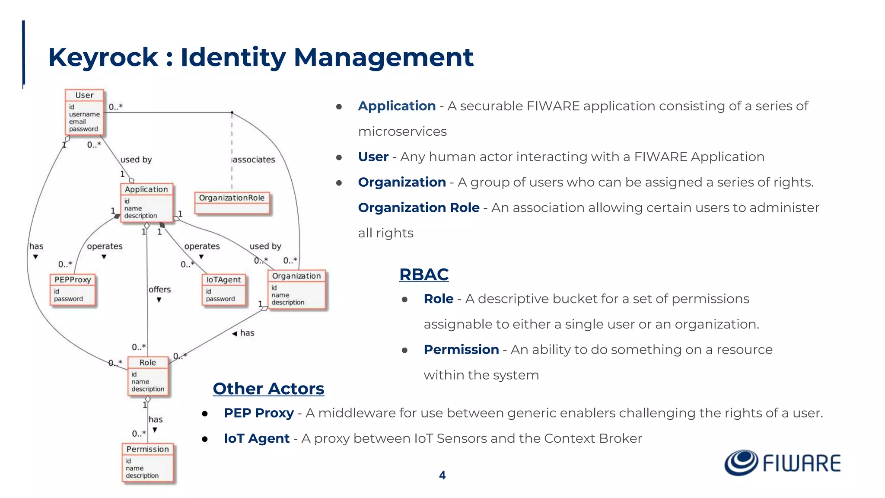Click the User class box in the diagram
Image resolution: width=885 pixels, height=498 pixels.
[84, 112]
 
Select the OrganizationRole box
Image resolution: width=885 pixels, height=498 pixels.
[232, 203]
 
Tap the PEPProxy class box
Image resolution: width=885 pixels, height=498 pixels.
[72, 290]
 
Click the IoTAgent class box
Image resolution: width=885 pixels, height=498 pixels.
[223, 290]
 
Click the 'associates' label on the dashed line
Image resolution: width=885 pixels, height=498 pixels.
[254, 160]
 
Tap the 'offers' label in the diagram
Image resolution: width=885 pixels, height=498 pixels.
[159, 289]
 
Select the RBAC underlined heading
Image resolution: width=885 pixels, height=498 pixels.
[423, 275]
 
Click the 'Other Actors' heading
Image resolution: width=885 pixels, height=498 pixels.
[268, 389]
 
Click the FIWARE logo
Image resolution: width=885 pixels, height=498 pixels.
[782, 463]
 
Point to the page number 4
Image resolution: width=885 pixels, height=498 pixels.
[442, 475]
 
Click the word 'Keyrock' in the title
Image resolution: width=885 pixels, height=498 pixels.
[103, 57]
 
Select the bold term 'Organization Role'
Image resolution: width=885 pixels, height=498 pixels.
[418, 207]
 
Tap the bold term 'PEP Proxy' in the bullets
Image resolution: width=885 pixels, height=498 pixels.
[258, 413]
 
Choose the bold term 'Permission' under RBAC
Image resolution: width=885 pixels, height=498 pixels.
[461, 349]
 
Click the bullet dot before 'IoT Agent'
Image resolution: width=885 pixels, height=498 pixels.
[205, 439]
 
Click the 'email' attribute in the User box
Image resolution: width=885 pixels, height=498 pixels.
[77, 121]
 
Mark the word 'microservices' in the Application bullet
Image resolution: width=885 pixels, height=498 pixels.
[402, 131]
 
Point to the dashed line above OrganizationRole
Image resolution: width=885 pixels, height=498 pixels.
[232, 143]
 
